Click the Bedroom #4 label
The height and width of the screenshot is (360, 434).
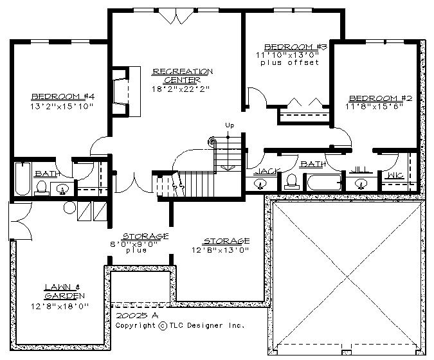[x=63, y=96]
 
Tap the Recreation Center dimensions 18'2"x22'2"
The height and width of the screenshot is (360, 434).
[x=181, y=89]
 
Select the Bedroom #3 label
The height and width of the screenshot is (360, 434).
[x=296, y=47]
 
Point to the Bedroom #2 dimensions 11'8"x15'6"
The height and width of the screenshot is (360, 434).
[x=374, y=107]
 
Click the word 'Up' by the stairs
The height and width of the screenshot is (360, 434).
[x=230, y=125]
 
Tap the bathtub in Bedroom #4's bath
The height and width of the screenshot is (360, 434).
[x=23, y=179]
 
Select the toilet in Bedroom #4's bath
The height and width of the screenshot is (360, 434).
[x=42, y=188]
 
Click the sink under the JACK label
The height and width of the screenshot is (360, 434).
[x=260, y=184]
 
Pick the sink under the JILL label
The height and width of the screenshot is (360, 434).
[x=361, y=184]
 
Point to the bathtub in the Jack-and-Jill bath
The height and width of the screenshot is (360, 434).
[x=324, y=182]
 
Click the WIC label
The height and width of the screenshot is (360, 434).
[x=395, y=175]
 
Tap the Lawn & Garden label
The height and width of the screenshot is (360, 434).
[x=64, y=291]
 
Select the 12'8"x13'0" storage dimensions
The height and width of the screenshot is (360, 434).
[x=221, y=250]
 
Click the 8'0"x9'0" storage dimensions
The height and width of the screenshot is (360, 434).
[x=134, y=244]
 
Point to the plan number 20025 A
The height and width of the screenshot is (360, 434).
[x=137, y=316]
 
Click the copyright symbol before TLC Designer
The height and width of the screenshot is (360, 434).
[x=163, y=326]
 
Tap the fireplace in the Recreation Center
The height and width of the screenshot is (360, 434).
[x=126, y=91]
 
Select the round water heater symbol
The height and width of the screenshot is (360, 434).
[x=69, y=208]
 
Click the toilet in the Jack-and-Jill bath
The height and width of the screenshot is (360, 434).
[x=291, y=183]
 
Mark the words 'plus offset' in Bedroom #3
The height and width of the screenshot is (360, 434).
[x=289, y=63]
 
